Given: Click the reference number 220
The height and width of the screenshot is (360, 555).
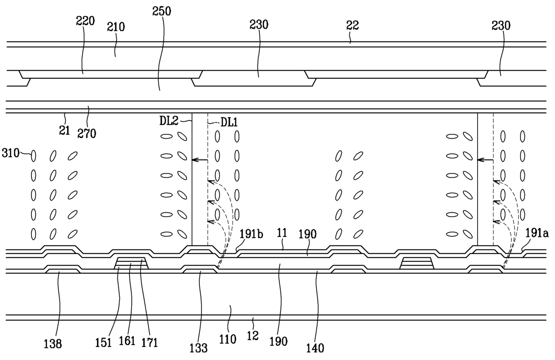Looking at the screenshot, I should (x=85, y=21).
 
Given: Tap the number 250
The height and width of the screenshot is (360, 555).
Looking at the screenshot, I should (x=162, y=11).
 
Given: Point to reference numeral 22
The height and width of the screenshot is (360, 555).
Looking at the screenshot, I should (x=353, y=26).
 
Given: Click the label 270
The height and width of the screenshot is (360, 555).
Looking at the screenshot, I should (x=87, y=133).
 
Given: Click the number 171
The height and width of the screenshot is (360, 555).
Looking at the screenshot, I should (x=149, y=343).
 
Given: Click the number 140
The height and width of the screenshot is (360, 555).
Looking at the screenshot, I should (x=316, y=347).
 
